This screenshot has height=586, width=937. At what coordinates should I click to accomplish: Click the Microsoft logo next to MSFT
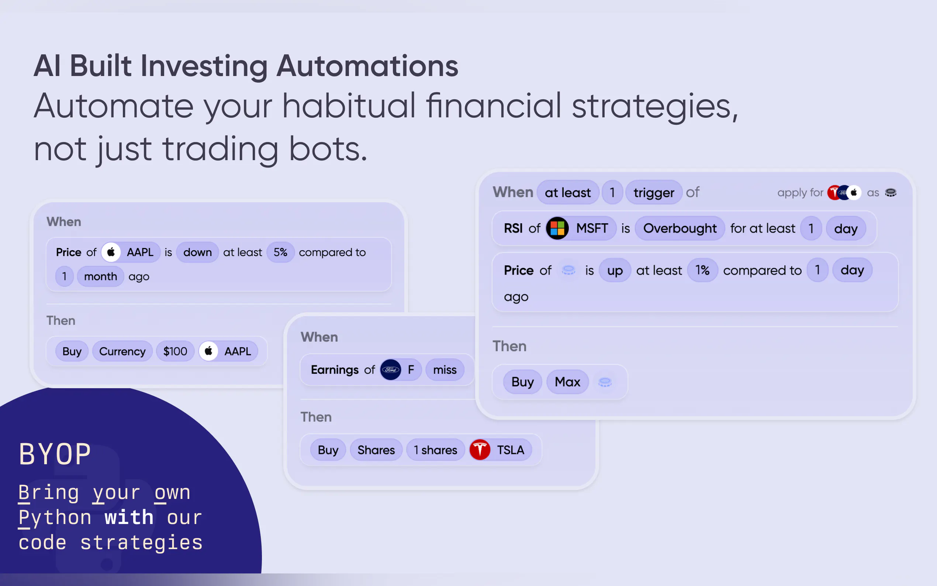click(x=557, y=228)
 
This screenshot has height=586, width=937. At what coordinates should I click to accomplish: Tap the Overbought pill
click(x=680, y=228)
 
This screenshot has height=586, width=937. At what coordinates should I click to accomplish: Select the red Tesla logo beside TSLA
click(x=480, y=449)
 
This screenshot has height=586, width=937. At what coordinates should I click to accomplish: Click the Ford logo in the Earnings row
click(x=390, y=370)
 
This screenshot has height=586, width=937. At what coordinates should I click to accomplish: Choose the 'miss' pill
click(x=445, y=370)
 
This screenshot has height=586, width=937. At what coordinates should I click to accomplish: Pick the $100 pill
click(x=175, y=351)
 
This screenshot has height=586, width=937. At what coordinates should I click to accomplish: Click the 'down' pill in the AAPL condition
click(x=198, y=252)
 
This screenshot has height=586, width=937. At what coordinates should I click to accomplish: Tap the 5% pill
click(x=280, y=252)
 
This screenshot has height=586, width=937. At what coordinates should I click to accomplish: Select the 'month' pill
click(x=100, y=276)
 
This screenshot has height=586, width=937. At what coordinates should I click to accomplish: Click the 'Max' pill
click(x=567, y=382)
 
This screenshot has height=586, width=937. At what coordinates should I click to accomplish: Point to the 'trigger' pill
click(x=654, y=192)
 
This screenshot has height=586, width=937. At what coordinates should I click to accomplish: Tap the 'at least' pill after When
click(x=568, y=192)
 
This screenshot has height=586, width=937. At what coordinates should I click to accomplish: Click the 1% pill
click(x=702, y=270)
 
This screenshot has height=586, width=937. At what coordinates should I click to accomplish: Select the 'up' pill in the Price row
click(x=615, y=270)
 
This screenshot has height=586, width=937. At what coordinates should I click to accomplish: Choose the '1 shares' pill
click(x=435, y=449)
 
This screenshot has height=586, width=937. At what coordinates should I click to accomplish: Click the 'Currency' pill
click(x=122, y=351)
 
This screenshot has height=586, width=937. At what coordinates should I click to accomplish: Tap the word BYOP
click(x=55, y=454)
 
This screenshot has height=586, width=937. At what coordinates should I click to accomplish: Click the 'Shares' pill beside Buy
click(x=376, y=449)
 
